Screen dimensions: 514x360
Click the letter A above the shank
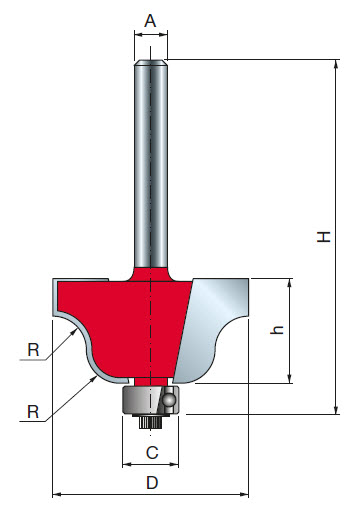pyautogui.click(x=151, y=19)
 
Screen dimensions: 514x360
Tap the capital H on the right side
pyautogui.click(x=322, y=237)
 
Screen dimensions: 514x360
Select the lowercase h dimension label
pyautogui.click(x=278, y=330)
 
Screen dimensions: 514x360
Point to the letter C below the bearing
pyautogui.click(x=151, y=451)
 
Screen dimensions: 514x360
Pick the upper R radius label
pyautogui.click(x=34, y=351)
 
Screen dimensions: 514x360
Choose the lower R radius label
pyautogui.click(x=34, y=411)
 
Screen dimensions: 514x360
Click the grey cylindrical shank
pyautogui.click(x=151, y=160)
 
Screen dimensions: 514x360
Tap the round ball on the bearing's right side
pyautogui.click(x=171, y=400)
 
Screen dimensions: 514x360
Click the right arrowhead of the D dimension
pyautogui.click(x=245, y=493)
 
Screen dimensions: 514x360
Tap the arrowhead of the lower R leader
pyautogui.click(x=100, y=377)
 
